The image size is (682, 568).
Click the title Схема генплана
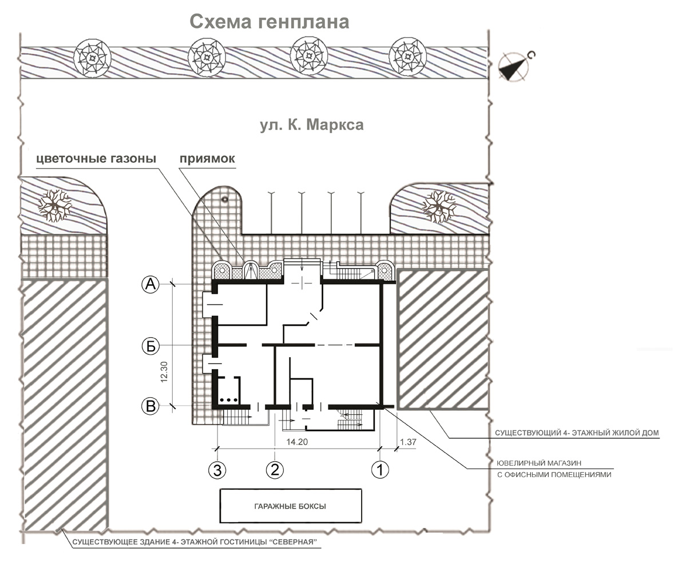pos(269,22)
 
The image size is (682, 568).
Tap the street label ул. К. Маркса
pos(311,125)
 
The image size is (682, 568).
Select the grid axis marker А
pos(150,285)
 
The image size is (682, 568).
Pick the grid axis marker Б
pos(150,346)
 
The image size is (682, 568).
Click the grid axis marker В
pos(150,406)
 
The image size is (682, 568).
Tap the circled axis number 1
pos(380,469)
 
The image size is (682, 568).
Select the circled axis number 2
pos(275,469)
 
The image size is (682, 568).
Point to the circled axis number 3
pos(217,469)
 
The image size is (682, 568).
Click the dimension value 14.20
pos(297,442)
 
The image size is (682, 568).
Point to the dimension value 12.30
pos(164,372)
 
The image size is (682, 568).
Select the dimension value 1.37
pos(408,442)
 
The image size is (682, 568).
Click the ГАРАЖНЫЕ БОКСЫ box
pos(291,506)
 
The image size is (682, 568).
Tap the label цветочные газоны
pos(96,158)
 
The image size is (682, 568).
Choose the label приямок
pos(207,159)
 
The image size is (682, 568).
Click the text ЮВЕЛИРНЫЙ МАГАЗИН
pos(539,463)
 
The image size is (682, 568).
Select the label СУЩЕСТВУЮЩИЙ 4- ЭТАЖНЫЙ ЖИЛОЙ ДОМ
pos(577,433)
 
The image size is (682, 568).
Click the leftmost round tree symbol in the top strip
pos(92,57)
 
